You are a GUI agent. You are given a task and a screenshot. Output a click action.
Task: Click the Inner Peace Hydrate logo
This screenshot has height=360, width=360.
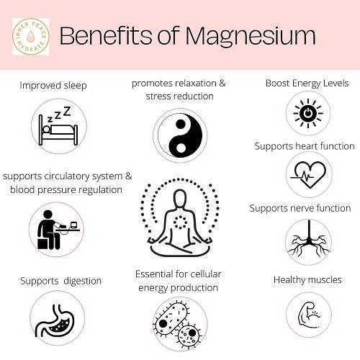pyautogui.click(x=31, y=37)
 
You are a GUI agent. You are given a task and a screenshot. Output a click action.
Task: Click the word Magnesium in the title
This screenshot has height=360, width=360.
pyautogui.click(x=251, y=36)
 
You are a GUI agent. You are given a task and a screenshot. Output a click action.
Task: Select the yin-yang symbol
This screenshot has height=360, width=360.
pyautogui.click(x=180, y=135)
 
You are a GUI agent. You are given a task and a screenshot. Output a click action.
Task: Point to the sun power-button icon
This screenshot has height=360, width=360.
pyautogui.click(x=308, y=113)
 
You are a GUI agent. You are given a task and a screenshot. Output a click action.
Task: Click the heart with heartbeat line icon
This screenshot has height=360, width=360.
pyautogui.click(x=308, y=174)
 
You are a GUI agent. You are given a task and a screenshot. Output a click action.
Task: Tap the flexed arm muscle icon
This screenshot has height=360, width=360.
pyautogui.click(x=309, y=315)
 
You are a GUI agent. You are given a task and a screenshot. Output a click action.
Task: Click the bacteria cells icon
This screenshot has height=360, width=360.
pyautogui.click(x=179, y=325)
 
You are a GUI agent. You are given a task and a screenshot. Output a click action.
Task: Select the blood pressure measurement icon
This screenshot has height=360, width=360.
pyautogui.click(x=58, y=230)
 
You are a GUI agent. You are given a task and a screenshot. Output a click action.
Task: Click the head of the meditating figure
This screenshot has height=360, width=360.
pyautogui.click(x=180, y=198)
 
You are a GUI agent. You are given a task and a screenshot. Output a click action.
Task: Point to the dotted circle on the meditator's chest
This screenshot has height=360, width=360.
pyautogui.click(x=180, y=222)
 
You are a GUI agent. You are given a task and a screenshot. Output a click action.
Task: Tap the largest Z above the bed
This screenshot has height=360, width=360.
pyautogui.click(x=67, y=111)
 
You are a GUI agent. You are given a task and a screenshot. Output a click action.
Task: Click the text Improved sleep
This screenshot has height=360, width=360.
pyautogui.click(x=53, y=85)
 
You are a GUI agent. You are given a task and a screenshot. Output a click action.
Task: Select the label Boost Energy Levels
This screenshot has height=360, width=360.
pyautogui.click(x=307, y=84)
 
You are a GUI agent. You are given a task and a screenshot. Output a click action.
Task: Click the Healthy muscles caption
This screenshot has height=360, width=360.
pyautogui.click(x=307, y=279)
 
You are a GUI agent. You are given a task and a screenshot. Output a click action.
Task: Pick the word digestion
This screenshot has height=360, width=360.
pyautogui.click(x=83, y=281)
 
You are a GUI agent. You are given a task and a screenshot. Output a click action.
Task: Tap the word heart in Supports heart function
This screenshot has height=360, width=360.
pyautogui.click(x=307, y=146)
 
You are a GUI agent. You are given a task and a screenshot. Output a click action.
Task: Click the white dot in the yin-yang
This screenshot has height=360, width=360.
pyautogui.click(x=181, y=147)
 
